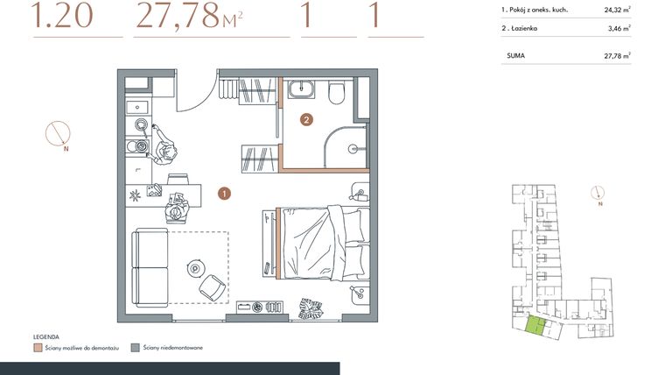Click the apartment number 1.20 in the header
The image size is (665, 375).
[61, 17]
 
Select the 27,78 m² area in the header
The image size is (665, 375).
[188, 17]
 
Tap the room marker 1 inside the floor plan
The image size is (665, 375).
[224, 193]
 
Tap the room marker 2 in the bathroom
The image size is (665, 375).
[306, 119]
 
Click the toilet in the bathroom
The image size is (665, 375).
[338, 92]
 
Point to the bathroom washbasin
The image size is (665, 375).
[303, 89]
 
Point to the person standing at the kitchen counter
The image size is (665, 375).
[166, 143]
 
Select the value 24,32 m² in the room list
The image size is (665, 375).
[616, 11]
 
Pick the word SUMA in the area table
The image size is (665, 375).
[516, 55]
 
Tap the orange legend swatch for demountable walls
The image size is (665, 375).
[38, 348]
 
